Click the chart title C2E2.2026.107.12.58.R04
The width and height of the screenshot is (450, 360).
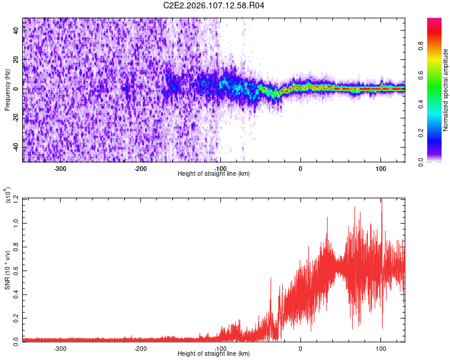click(214, 6)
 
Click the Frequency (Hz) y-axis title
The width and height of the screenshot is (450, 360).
click(7, 90)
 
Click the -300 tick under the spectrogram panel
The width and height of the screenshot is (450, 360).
click(60, 169)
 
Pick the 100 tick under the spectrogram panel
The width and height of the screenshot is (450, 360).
click(380, 169)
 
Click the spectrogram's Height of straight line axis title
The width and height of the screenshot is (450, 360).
click(214, 174)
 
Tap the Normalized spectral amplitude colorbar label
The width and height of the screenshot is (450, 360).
click(446, 90)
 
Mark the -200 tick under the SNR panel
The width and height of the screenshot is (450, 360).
click(140, 348)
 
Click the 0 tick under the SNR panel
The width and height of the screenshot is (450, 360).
click(301, 348)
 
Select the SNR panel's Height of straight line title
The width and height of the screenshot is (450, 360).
click(214, 354)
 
